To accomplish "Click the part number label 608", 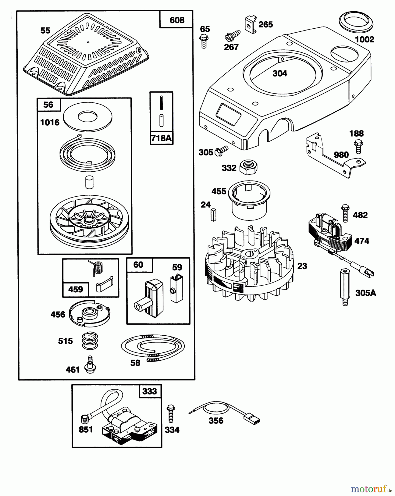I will coord(177,20).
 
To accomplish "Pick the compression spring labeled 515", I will coord(90,341).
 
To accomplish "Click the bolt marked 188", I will coord(358,146).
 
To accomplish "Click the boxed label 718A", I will coord(162,138).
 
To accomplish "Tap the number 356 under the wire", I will coord(216,420).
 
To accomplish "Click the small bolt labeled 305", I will coord(222,150).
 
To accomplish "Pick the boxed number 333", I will coord(150,391).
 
